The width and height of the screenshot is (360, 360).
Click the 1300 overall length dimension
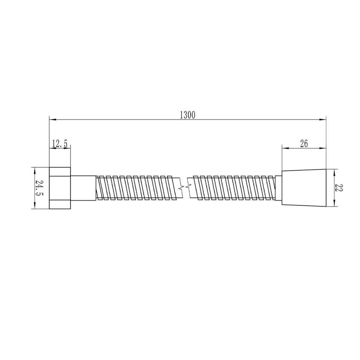click(188, 115)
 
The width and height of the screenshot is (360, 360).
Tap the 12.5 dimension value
click(60, 144)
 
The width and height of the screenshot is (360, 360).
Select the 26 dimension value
click(304, 144)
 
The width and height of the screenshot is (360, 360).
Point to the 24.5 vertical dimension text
click(39, 188)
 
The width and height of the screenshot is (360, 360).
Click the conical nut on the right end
click(304, 188)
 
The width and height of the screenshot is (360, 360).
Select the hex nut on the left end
click(60, 188)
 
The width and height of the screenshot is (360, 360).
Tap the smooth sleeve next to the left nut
click(83, 188)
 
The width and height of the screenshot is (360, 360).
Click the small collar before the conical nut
click(278, 188)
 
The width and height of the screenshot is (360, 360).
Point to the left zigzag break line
click(182, 188)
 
